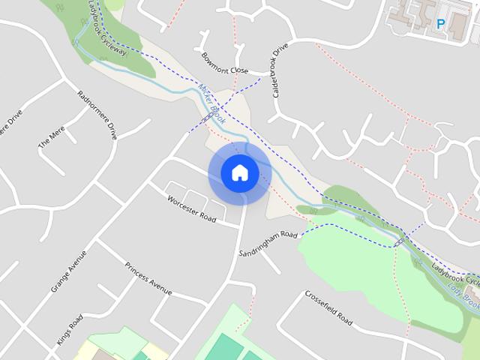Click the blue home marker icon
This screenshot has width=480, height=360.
point(240,173)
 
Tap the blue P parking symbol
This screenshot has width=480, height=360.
point(441,24)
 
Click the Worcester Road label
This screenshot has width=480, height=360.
point(191,209)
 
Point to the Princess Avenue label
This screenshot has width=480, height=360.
point(148,278)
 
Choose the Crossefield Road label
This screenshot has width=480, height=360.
point(328,307)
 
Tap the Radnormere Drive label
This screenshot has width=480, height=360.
point(97,115)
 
